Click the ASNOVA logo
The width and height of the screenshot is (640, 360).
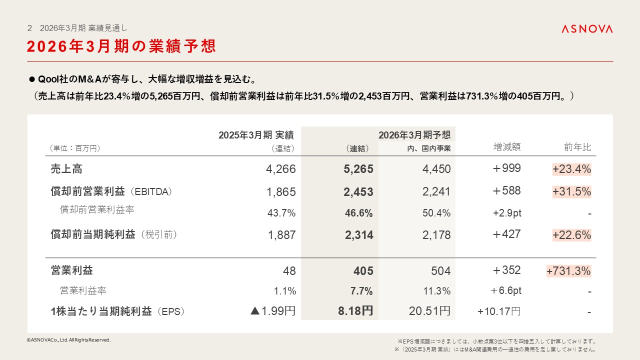586,29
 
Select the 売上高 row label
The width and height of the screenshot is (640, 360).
66,169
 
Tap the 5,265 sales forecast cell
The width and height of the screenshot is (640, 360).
358,169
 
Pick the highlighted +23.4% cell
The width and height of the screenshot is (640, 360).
571,169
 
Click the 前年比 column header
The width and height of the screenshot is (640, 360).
577,147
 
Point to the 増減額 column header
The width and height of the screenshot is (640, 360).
507,147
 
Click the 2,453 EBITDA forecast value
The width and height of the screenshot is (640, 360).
358,192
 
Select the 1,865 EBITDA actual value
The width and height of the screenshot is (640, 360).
281,192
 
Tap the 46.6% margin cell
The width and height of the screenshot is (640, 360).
359,213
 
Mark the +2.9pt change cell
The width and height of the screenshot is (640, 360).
507,213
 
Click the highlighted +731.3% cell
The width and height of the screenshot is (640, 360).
568,271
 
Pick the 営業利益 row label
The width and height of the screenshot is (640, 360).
72,270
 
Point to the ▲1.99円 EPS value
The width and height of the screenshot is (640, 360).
273,311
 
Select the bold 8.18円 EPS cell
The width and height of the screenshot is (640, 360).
355,311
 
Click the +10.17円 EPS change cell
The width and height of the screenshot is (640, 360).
499,311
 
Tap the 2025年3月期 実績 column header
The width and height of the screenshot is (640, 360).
256,135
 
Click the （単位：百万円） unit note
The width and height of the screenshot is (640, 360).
74,148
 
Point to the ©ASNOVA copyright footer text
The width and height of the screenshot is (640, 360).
68,340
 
